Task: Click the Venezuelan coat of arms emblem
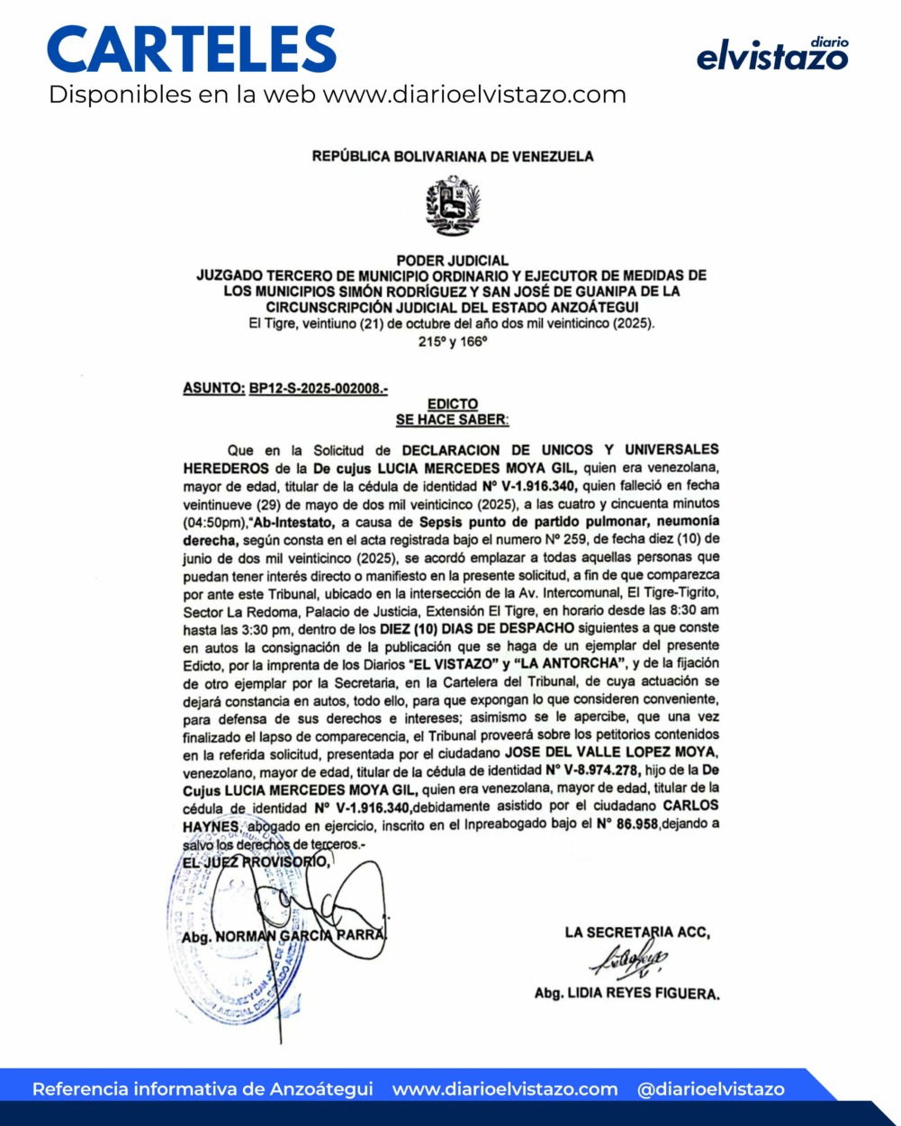click(453, 206)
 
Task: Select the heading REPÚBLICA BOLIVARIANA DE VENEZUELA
click(453, 157)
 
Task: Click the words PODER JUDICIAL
click(452, 260)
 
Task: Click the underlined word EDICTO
click(452, 404)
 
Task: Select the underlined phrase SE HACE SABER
click(452, 419)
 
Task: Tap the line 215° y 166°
click(452, 342)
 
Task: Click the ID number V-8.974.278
click(592, 770)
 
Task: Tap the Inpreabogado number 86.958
click(628, 824)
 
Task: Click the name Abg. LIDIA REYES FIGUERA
click(626, 995)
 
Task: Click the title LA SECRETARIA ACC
click(637, 932)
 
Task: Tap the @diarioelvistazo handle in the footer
click(710, 1089)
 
